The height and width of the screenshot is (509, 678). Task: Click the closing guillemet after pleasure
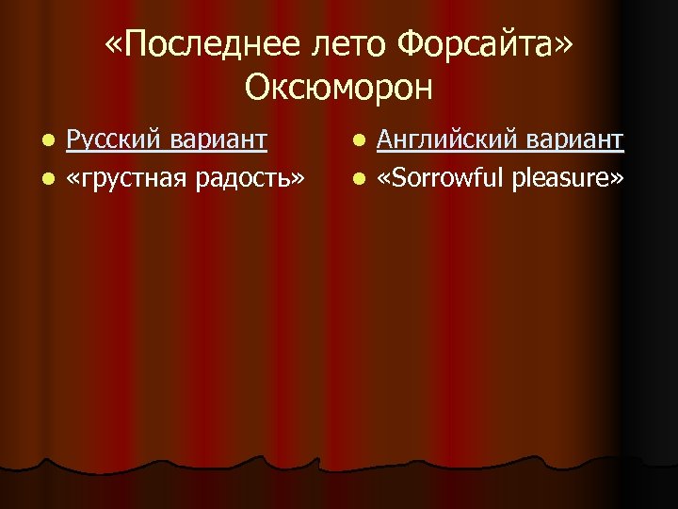[x=617, y=177]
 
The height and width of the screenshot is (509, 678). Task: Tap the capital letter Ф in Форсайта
[x=412, y=43]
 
